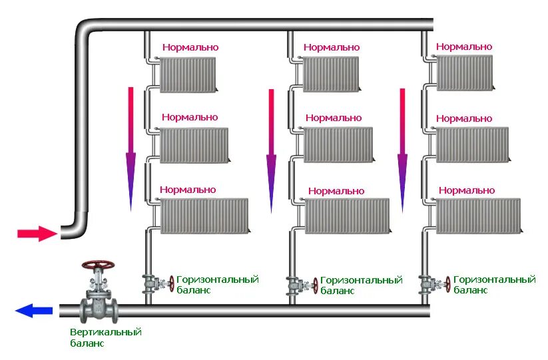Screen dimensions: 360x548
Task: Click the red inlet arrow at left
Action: point(37,234)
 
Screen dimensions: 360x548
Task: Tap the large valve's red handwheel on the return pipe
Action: point(97,264)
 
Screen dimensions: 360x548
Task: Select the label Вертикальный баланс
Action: point(106,337)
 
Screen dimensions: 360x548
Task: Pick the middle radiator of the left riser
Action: point(194,144)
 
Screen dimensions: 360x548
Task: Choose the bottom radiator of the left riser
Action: point(204,214)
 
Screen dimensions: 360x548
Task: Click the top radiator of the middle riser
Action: point(330,73)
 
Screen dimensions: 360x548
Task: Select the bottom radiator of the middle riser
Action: point(347,216)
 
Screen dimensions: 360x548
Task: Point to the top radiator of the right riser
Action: point(464,72)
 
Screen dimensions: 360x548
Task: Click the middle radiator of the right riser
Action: point(471,144)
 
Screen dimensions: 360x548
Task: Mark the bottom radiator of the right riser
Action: point(478,216)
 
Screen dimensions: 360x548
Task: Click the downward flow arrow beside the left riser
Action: point(131,150)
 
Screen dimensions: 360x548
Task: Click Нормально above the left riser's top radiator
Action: point(190,47)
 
